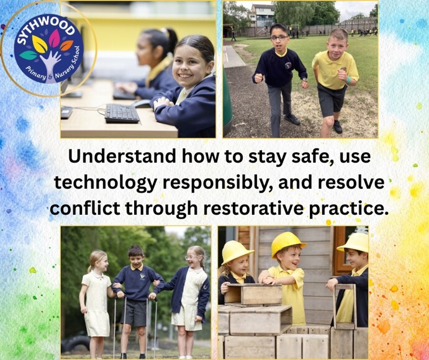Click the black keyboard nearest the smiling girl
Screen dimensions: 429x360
(x=122, y=113)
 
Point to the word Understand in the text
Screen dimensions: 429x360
(x=122, y=156)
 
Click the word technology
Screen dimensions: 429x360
(x=106, y=182)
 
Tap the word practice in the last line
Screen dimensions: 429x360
(x=348, y=209)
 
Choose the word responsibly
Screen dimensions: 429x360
(x=217, y=182)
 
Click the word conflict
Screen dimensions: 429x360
(x=85, y=209)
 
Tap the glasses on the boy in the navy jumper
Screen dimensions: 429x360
(x=279, y=38)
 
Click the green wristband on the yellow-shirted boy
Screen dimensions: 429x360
(x=348, y=80)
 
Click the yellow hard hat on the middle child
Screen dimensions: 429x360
(x=287, y=244)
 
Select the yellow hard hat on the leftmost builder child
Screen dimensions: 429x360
(x=236, y=252)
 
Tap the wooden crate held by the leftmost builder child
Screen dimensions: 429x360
(x=255, y=294)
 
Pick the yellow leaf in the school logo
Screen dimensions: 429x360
(x=40, y=44)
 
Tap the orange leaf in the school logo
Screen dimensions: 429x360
(x=66, y=46)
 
